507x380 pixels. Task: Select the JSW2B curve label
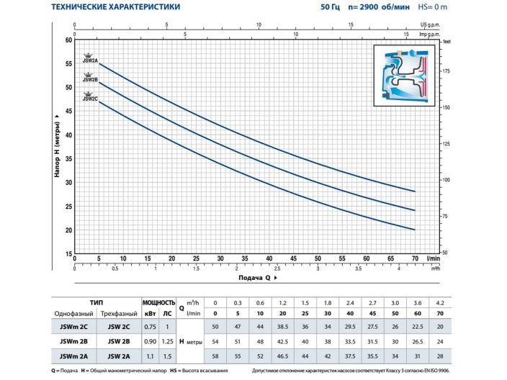tap(90, 80)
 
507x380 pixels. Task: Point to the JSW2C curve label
tap(90, 99)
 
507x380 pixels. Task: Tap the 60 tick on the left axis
tap(68, 40)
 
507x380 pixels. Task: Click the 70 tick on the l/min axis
tap(416, 258)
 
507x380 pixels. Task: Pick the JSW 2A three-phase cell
tap(118, 355)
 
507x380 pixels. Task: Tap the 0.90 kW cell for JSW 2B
tap(150, 340)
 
